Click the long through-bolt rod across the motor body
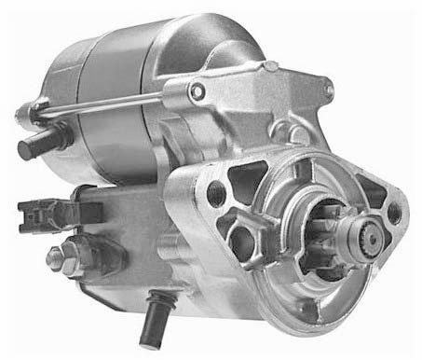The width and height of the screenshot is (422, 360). tap(121, 104)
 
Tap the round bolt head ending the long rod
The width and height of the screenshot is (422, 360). tap(197, 90)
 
